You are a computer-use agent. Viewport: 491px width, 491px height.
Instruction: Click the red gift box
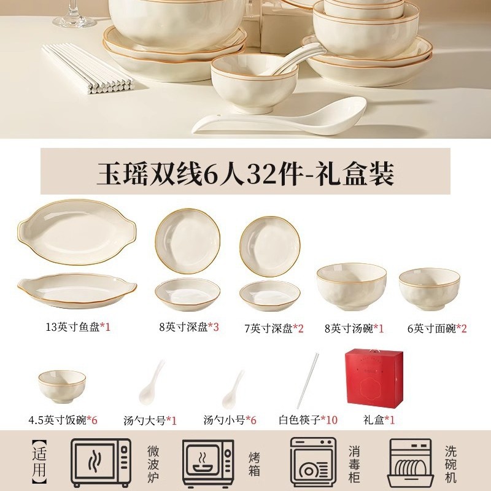click(x=374, y=379)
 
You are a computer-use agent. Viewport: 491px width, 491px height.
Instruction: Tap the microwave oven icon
click(x=101, y=462)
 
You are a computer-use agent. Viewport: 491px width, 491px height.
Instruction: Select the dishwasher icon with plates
click(x=411, y=463)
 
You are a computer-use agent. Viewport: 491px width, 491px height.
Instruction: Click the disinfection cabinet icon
click(x=313, y=462)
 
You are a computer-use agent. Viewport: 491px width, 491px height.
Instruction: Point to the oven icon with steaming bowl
click(x=208, y=463)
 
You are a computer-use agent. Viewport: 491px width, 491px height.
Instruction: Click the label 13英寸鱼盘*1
click(x=79, y=327)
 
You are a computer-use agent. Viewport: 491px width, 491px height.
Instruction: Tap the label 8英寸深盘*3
click(x=189, y=327)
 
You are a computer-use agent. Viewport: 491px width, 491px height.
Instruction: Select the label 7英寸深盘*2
click(x=274, y=328)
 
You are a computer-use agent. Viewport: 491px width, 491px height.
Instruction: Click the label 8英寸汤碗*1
click(x=354, y=328)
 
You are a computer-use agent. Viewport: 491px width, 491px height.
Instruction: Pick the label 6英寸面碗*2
click(x=437, y=328)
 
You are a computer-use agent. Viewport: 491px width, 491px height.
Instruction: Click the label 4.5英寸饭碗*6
click(x=63, y=420)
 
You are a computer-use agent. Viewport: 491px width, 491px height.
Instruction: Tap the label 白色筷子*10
click(x=308, y=420)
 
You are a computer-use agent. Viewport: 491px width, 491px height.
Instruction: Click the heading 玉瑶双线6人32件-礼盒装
click(x=245, y=172)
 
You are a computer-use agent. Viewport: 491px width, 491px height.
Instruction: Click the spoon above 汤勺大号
click(x=152, y=382)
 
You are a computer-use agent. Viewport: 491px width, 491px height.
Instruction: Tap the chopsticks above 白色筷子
click(x=307, y=381)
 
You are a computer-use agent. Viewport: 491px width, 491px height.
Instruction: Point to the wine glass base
click(x=74, y=21)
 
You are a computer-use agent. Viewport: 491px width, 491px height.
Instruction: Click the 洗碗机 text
click(x=450, y=464)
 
